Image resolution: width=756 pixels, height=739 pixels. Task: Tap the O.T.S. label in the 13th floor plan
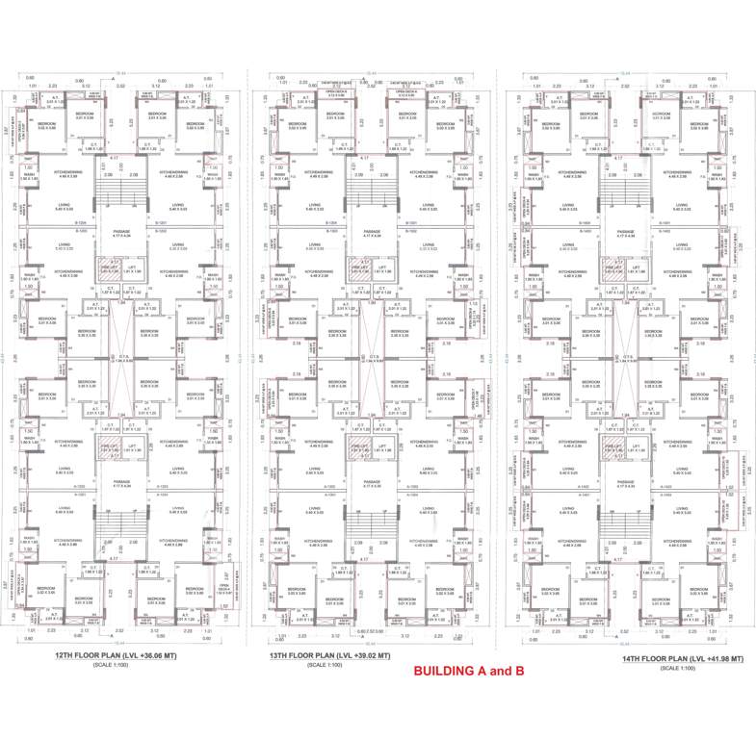click(x=371, y=360)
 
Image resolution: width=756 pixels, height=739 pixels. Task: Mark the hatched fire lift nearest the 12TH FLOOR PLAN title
click(x=107, y=448)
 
